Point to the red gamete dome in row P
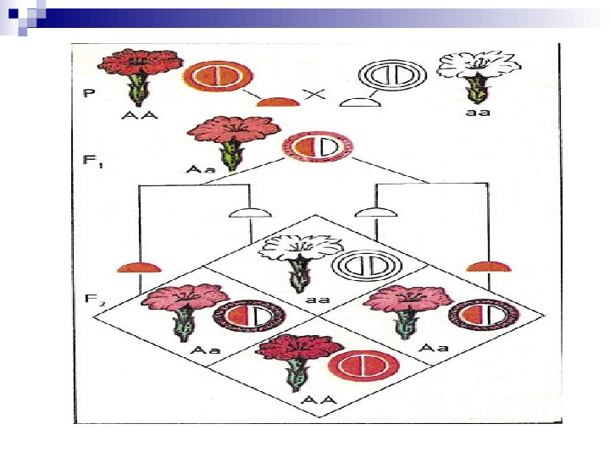pos(278,102)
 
